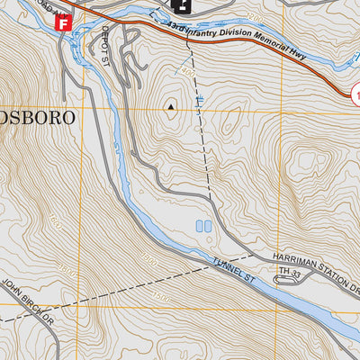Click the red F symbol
click(62, 22)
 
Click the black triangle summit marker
click(170, 106)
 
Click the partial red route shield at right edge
click(355, 92)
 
